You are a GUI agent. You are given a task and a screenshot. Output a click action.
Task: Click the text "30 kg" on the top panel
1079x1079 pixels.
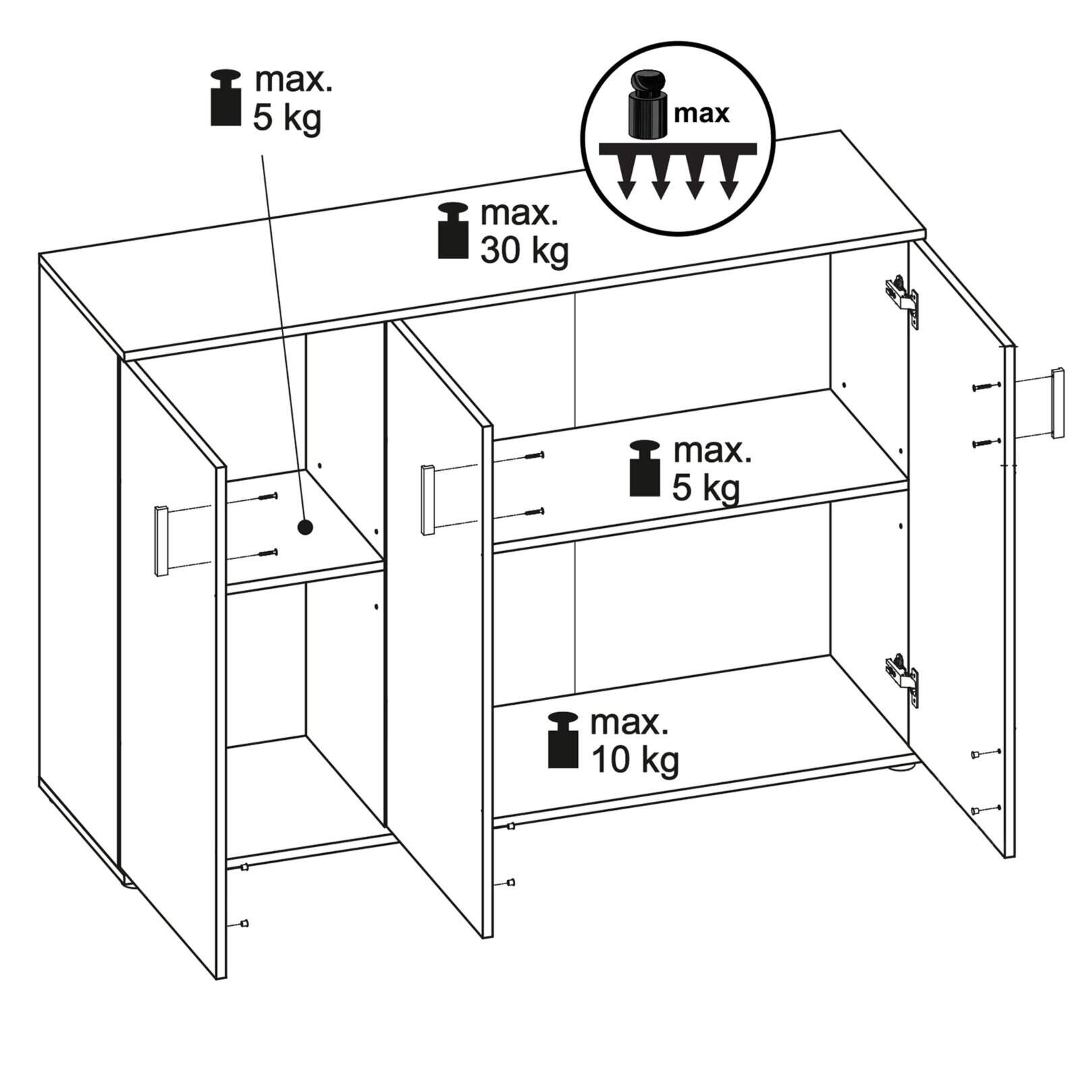click(x=524, y=252)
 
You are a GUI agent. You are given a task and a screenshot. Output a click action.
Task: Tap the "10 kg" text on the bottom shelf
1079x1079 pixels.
click(x=635, y=760)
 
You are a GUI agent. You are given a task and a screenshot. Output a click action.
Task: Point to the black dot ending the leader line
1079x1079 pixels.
click(x=305, y=527)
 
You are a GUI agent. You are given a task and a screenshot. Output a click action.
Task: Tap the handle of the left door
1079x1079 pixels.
click(x=161, y=541)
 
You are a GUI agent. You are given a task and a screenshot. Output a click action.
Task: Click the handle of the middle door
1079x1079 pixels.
click(x=428, y=500)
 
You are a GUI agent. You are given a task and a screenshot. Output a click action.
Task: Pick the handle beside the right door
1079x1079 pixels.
click(x=1057, y=403)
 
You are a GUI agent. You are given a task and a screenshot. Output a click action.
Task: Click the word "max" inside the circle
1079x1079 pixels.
click(x=701, y=113)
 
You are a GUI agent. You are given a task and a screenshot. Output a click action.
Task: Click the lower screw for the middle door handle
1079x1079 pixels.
click(x=533, y=513)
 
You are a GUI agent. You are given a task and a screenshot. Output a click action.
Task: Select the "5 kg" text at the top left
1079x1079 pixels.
click(x=287, y=119)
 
